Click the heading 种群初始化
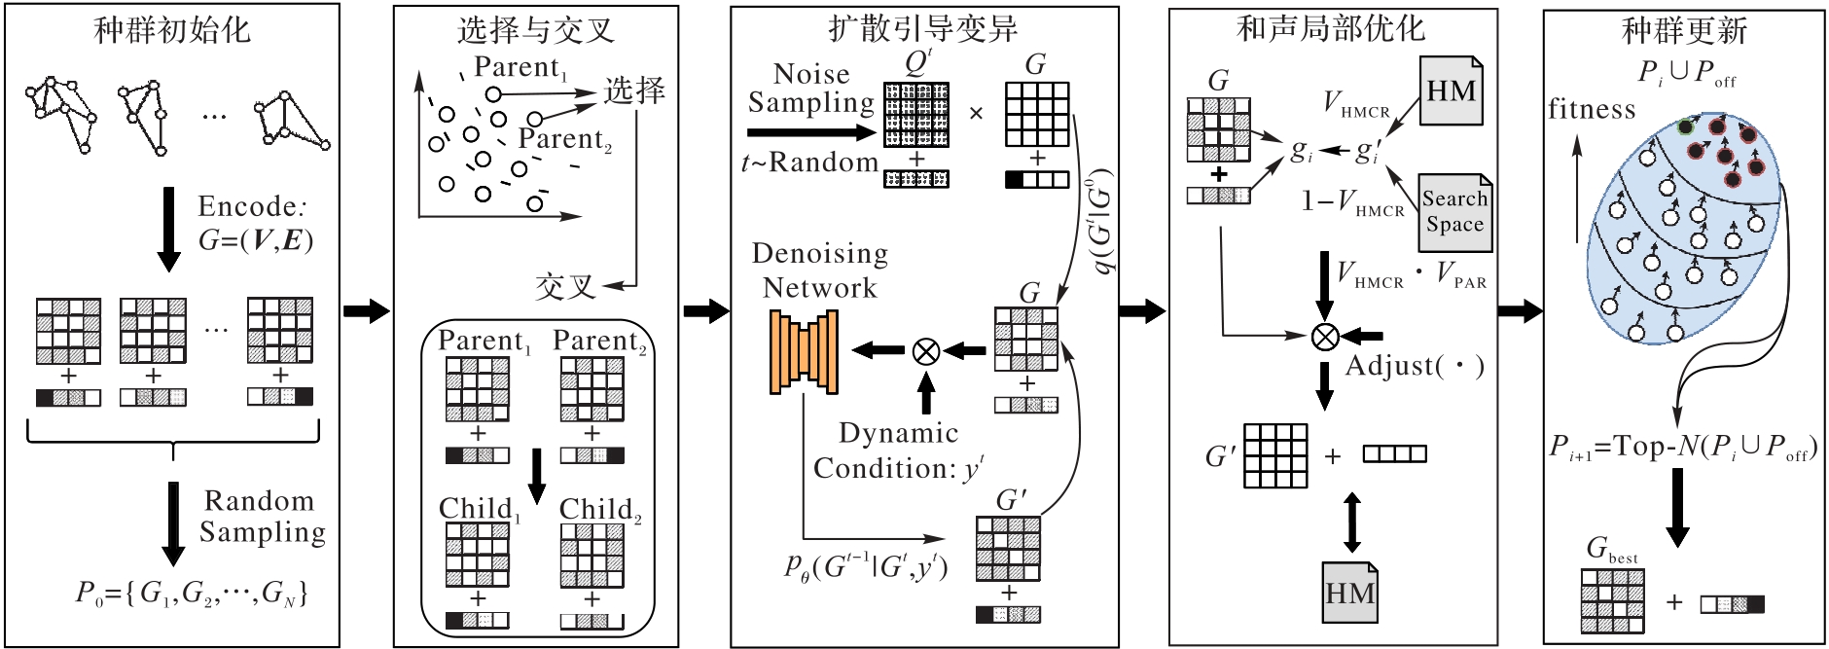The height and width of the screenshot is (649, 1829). tap(172, 30)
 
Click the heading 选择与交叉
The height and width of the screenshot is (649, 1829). tap(536, 30)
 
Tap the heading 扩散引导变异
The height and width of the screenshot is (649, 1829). tap(923, 28)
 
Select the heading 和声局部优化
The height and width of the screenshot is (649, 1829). tap(1331, 29)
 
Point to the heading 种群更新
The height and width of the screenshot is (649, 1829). tap(1684, 31)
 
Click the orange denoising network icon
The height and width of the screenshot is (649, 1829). tap(804, 351)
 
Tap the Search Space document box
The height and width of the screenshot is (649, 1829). tap(1454, 212)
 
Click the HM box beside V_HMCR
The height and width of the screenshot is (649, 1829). tap(1451, 90)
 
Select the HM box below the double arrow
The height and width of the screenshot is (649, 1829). tap(1349, 593)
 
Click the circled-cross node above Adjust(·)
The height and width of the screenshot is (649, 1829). tap(1324, 337)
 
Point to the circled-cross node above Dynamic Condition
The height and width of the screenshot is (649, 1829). tap(926, 350)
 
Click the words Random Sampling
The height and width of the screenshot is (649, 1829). tap(262, 516)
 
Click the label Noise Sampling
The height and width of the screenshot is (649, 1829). tap(811, 88)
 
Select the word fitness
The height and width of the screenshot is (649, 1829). tap(1593, 109)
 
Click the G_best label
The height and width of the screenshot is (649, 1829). tap(1612, 550)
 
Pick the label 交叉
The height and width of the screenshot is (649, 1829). tap(564, 287)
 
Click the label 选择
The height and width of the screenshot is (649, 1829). tap(634, 90)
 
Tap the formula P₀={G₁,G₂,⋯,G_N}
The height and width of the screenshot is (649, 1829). tap(192, 593)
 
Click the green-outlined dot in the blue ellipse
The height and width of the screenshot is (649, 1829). tap(1686, 126)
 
